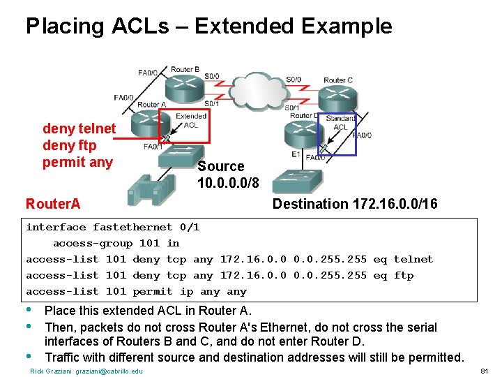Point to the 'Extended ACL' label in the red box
tap(190, 121)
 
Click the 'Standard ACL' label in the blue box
tap(340, 123)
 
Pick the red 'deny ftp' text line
tap(70, 146)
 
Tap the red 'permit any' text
tap(77, 163)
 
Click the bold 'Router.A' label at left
tap(53, 204)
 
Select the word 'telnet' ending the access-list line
tap(413, 259)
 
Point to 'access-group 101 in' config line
tap(116, 243)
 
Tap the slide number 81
tap(486, 371)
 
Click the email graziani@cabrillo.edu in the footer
tap(109, 371)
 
